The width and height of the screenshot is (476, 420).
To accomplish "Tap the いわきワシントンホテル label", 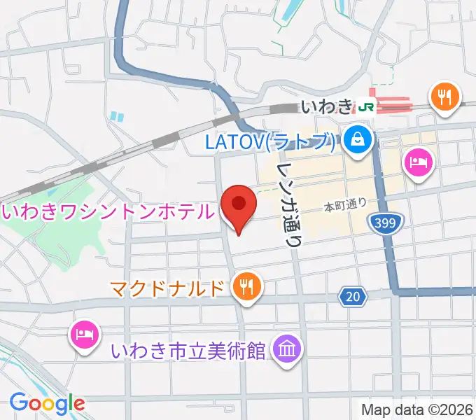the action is [108, 211].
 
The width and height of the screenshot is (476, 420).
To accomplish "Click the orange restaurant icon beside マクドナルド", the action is [246, 286].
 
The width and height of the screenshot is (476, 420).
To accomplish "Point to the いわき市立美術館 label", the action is [189, 349].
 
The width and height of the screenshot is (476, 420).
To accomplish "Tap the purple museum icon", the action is [287, 347].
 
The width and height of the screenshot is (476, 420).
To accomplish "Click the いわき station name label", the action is [327, 107].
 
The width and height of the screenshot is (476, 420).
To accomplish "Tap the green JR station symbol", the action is [365, 106].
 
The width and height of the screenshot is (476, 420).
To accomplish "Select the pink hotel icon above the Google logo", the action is [83, 332].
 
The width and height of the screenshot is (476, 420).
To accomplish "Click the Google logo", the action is [47, 402].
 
